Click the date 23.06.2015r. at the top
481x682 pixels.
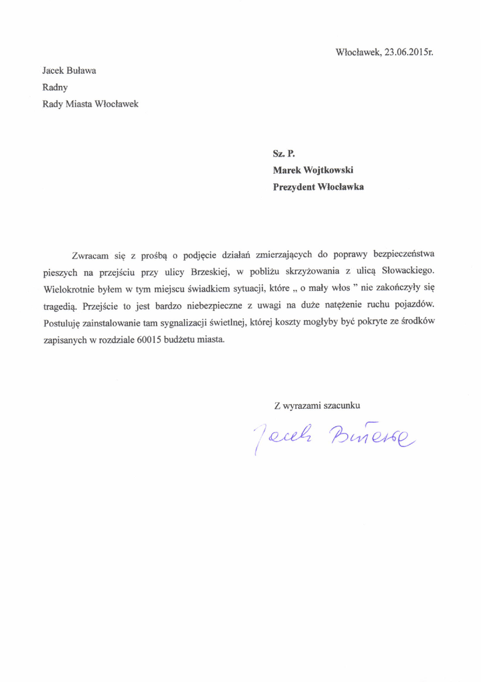coord(409,52)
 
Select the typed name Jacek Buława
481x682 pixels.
coord(70,69)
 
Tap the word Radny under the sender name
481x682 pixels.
coord(55,87)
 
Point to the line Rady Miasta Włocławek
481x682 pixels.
coord(91,104)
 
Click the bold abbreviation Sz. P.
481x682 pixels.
coord(284,153)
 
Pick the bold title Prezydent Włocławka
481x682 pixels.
coord(318,187)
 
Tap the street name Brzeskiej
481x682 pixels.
coord(210,272)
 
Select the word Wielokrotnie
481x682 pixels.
coord(69,290)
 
